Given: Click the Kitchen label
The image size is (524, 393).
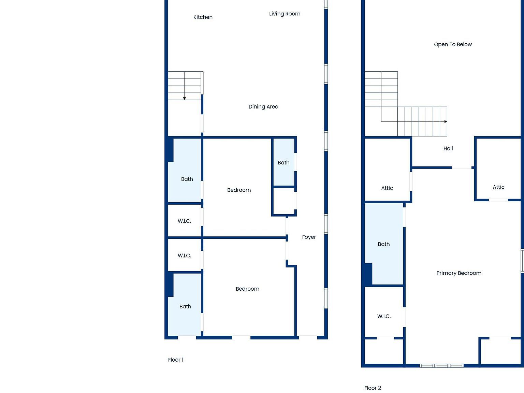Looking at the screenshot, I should tap(203, 17).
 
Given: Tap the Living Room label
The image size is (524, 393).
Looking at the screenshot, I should tap(285, 14).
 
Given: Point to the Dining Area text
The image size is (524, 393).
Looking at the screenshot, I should tap(263, 107).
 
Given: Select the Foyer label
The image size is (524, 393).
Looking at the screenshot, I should tap(309, 237).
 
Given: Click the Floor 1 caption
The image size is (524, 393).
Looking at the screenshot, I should tap(176, 360).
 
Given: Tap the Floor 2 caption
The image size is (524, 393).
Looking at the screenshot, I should tap(373, 388).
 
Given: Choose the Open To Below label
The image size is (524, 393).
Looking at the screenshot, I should tap(453, 44).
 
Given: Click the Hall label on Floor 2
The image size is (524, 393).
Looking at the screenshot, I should tap(448, 148).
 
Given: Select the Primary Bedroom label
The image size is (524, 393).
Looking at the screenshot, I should tap(459, 273).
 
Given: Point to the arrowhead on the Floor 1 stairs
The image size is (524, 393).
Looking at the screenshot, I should tap(185, 99).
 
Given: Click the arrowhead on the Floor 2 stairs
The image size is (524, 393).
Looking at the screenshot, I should tap(446, 121).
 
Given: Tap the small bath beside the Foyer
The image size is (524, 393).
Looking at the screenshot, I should tap(283, 163).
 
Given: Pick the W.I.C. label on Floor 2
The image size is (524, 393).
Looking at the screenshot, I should tap(384, 316).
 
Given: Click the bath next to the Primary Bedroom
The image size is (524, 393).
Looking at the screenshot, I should tap(384, 244).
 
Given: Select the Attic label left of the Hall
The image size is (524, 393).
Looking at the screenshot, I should tap(387, 188).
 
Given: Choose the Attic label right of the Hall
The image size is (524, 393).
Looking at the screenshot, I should tap(498, 187).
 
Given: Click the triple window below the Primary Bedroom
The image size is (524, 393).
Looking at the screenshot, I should tap(441, 366).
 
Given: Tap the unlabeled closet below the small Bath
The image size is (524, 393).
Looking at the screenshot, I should tap(283, 201).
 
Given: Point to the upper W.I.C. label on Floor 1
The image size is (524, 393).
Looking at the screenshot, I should tap(184, 221).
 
